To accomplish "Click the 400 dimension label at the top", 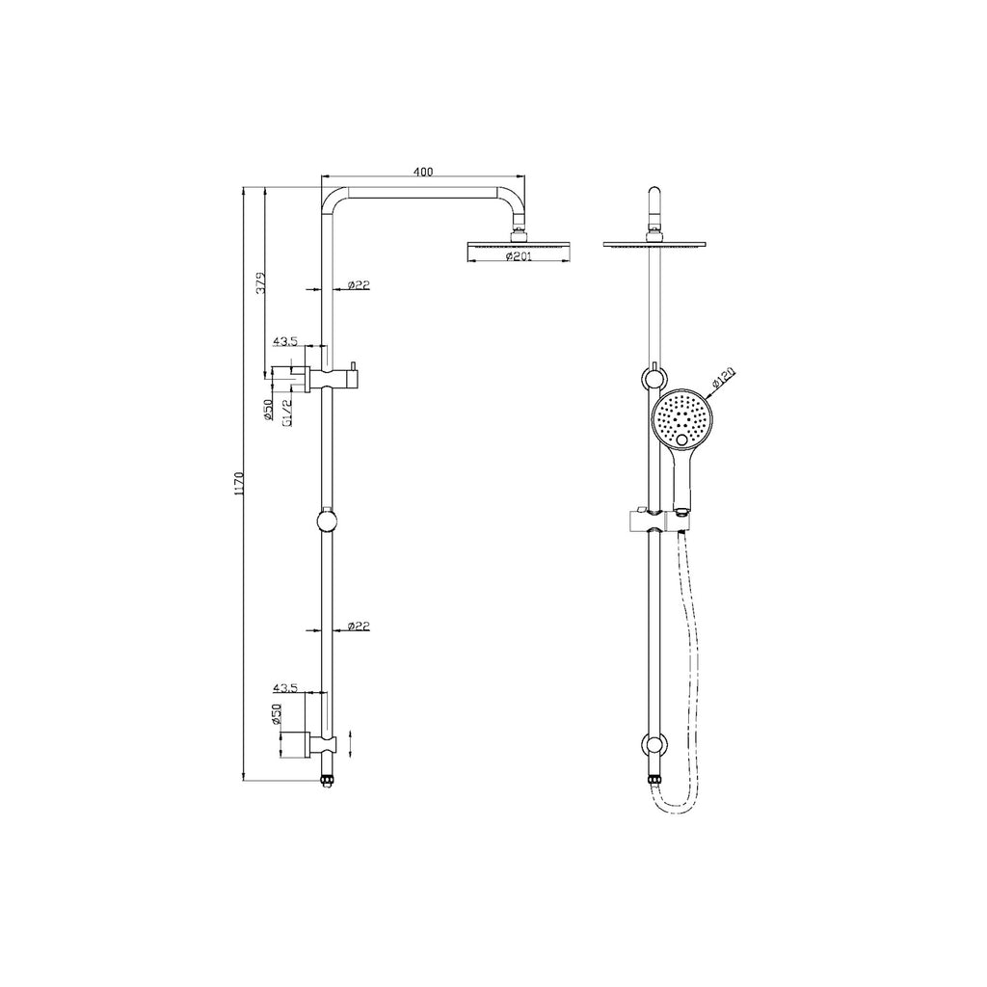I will [x=422, y=172].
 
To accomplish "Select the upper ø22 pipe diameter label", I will [x=359, y=285].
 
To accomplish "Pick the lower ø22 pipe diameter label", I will [x=359, y=627].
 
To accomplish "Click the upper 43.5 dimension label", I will [x=285, y=341].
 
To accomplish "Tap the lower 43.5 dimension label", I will [x=285, y=688].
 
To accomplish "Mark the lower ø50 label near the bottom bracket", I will [x=275, y=714].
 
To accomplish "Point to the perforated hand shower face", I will [x=683, y=417].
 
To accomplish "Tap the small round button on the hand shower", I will [x=684, y=441].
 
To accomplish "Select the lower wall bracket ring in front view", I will [x=655, y=745].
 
